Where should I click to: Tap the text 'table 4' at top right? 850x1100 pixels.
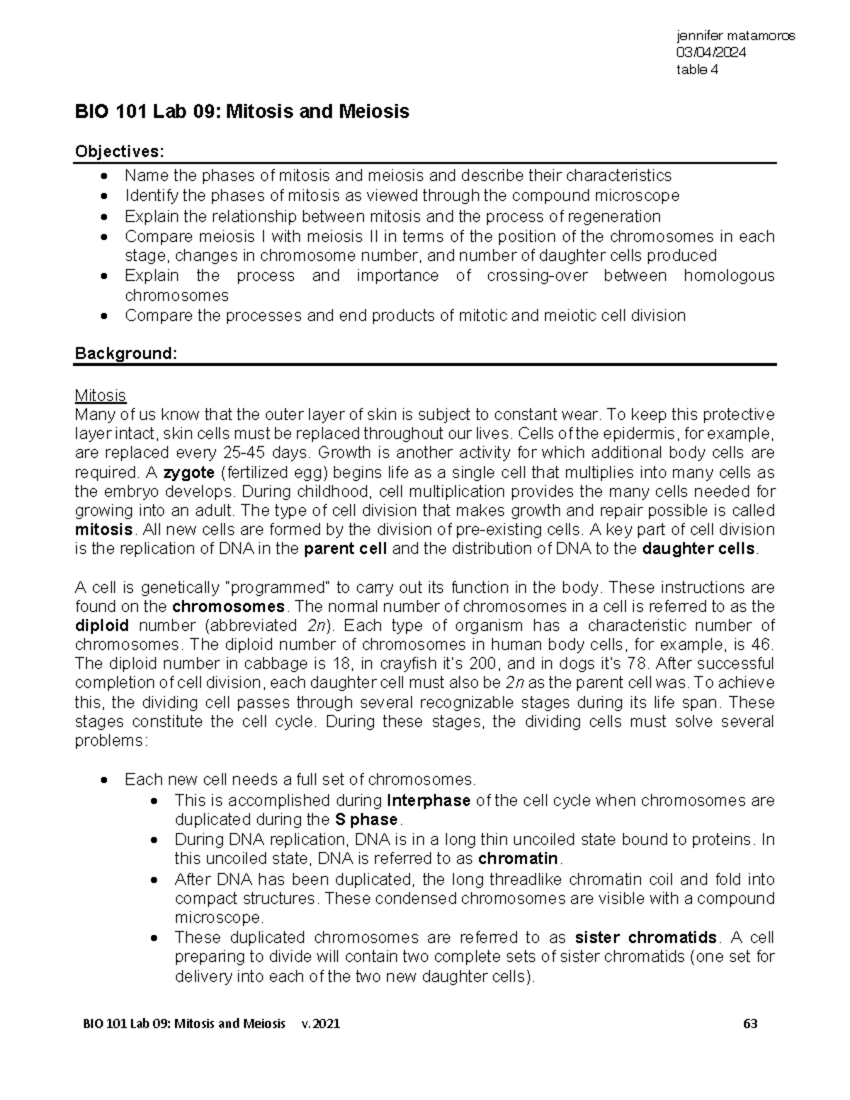pyautogui.click(x=697, y=69)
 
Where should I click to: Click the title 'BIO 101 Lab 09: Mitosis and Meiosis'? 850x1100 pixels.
pyautogui.click(x=242, y=112)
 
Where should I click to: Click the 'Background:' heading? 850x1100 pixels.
pyautogui.click(x=125, y=353)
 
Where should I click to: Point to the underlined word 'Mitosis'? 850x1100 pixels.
pyautogui.click(x=100, y=395)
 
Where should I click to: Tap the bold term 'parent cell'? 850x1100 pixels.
pyautogui.click(x=345, y=549)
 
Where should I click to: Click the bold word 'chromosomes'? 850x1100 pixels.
pyautogui.click(x=229, y=606)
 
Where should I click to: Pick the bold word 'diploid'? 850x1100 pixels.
pyautogui.click(x=102, y=625)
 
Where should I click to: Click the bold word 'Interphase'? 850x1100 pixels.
pyautogui.click(x=429, y=800)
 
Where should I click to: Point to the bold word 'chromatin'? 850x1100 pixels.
pyautogui.click(x=518, y=859)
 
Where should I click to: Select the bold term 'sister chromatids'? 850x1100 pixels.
pyautogui.click(x=645, y=938)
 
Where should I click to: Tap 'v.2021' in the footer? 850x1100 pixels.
pyautogui.click(x=320, y=1024)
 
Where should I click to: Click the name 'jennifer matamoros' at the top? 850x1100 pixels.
pyautogui.click(x=735, y=35)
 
